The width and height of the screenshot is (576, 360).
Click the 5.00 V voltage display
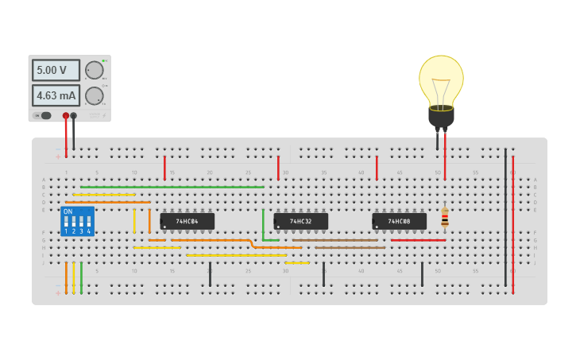click(x=55, y=70)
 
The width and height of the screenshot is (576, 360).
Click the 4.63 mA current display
click(x=55, y=96)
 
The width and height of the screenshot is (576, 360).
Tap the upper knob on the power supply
click(x=95, y=70)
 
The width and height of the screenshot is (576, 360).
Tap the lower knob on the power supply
click(x=95, y=96)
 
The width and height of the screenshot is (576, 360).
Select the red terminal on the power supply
click(x=66, y=116)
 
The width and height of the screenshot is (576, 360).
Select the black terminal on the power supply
click(x=74, y=116)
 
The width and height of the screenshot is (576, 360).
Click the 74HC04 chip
click(x=187, y=221)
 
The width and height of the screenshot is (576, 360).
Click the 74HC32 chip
click(x=300, y=221)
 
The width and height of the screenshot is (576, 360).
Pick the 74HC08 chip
click(x=399, y=221)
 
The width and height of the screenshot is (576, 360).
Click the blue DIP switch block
click(x=77, y=222)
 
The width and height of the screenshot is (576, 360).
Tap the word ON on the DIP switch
click(x=68, y=211)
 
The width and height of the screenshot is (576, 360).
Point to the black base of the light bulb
click(x=441, y=117)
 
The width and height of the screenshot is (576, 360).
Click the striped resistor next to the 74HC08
click(x=445, y=217)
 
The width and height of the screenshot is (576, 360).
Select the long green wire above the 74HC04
click(x=172, y=187)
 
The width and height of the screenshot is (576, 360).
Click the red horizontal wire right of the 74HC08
click(x=418, y=240)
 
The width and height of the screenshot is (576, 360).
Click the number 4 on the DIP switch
click(x=88, y=231)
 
